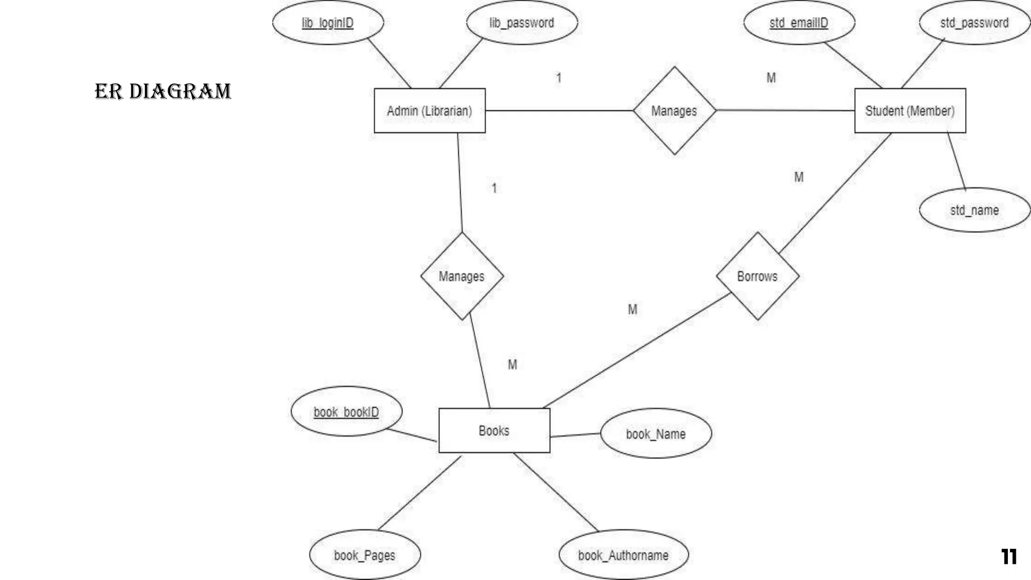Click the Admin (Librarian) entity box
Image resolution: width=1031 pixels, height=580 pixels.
point(429,111)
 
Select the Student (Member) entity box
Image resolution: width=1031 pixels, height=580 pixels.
point(910,111)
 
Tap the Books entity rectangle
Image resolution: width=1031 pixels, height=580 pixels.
point(494,430)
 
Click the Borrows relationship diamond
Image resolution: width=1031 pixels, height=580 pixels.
point(757,276)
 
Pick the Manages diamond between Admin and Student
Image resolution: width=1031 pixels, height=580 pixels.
point(674,111)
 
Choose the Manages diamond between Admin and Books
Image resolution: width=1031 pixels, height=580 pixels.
point(462,276)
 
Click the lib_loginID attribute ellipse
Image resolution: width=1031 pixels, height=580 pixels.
point(328,23)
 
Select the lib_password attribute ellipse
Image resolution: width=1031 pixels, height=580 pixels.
point(522,23)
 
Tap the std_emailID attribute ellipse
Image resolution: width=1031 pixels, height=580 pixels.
point(799,23)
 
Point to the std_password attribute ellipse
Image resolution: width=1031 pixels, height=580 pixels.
point(974,23)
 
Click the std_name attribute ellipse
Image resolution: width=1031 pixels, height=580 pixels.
point(974,210)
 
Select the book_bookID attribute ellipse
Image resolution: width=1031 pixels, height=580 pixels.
point(346,412)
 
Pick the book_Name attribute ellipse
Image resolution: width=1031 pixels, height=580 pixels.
point(655,433)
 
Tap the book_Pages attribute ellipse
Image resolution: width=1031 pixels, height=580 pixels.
point(364,555)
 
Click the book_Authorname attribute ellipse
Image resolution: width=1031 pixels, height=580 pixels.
point(623,555)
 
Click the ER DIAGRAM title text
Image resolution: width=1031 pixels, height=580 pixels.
point(163,92)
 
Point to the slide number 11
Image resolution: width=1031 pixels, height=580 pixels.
point(1009,556)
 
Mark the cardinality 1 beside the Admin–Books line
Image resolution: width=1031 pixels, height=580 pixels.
point(494,188)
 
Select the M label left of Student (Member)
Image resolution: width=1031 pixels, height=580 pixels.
point(771,78)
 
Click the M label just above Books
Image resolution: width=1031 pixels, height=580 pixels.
point(512,365)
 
